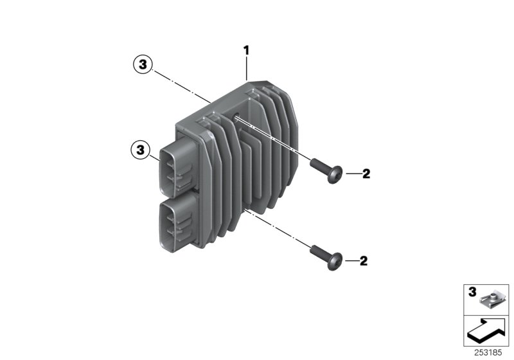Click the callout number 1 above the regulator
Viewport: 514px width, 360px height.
coord(245,50)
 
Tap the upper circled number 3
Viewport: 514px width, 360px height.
coord(142,64)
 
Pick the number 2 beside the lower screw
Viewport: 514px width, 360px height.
coord(364,260)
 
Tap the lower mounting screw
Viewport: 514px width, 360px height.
coord(325,256)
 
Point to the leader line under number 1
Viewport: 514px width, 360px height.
coord(246,67)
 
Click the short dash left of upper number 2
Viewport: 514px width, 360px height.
coord(351,174)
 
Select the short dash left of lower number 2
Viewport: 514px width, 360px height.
coord(350,260)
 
